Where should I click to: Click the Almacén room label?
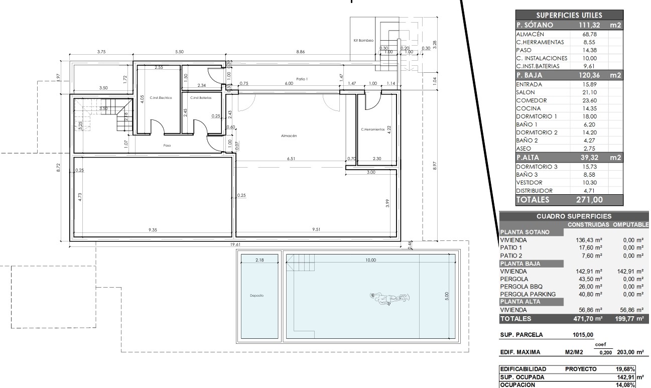(x=290, y=136)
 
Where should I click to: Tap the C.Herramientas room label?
(x=372, y=129)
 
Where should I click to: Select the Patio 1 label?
(x=301, y=79)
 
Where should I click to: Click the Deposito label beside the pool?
(x=257, y=296)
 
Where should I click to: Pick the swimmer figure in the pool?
(x=387, y=298)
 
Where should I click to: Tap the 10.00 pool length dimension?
(x=371, y=260)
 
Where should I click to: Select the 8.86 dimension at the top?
(x=300, y=52)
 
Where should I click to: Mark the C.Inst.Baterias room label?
(x=201, y=97)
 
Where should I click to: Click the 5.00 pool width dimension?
(x=447, y=296)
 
